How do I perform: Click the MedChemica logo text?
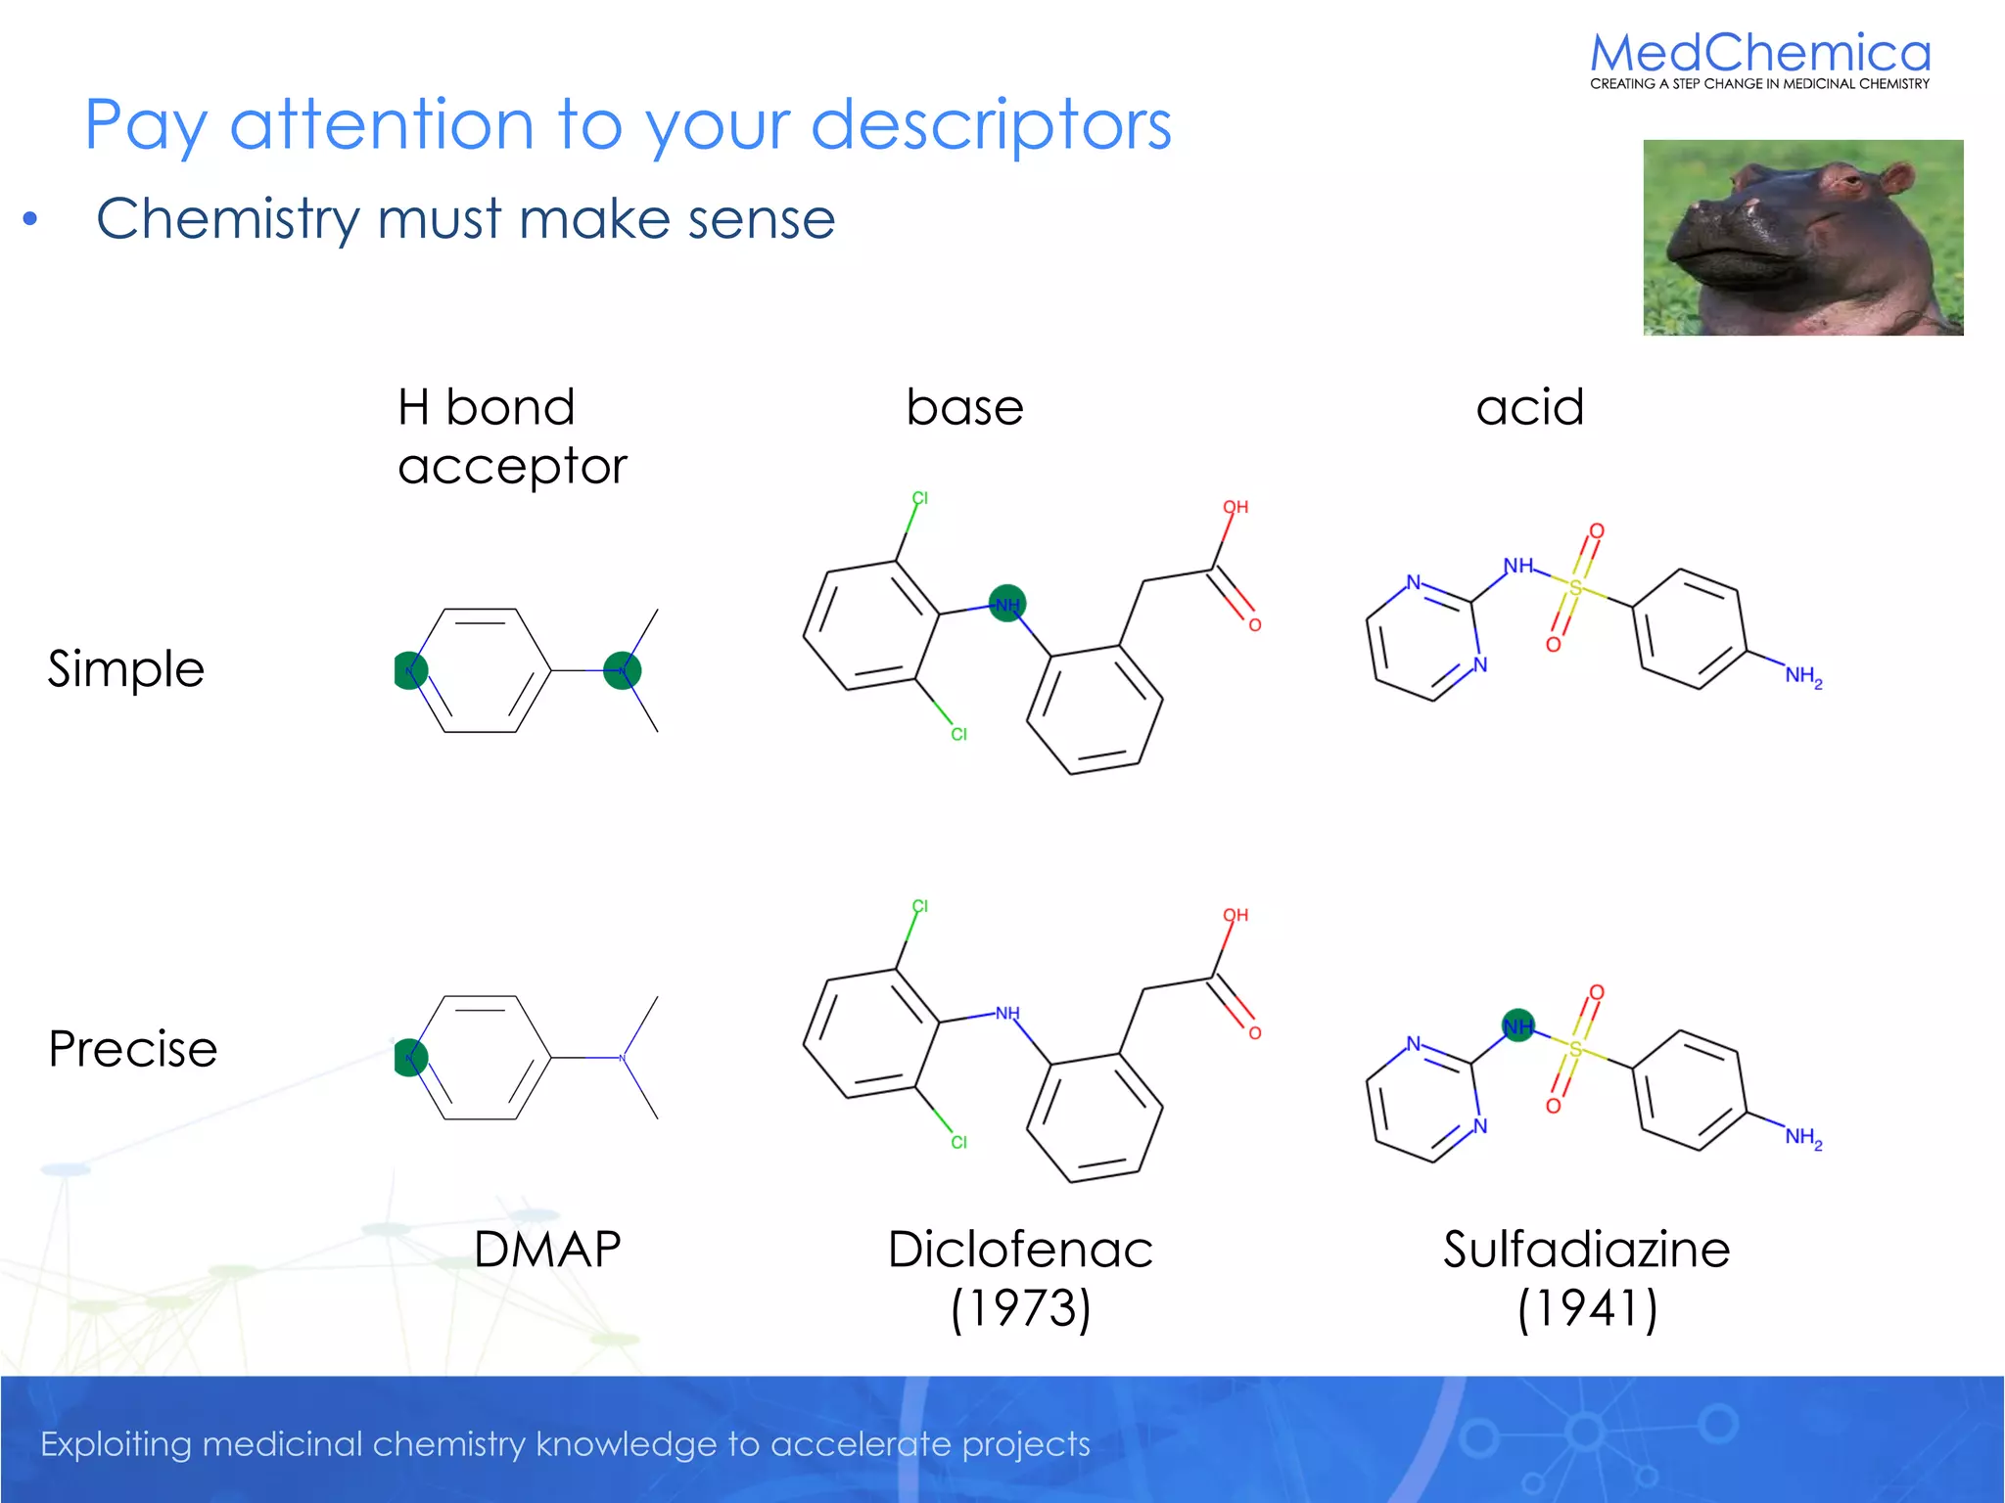pos(1759,54)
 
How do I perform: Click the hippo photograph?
pos(1802,238)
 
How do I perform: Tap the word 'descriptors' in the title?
pos(991,125)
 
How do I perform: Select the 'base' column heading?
pos(964,407)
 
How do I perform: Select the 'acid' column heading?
pos(1529,407)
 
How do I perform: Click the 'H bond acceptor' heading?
pos(511,436)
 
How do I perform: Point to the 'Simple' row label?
pos(126,669)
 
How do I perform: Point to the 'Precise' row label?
pos(132,1049)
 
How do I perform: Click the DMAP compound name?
pos(547,1250)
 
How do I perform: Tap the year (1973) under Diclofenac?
pos(1020,1308)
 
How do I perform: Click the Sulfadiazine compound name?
pos(1586,1250)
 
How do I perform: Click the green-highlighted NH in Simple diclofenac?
pos(1007,604)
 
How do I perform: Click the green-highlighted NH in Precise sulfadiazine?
pos(1518,1025)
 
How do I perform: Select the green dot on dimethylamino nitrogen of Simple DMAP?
pos(623,670)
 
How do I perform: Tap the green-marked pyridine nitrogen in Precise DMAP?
pos(410,1057)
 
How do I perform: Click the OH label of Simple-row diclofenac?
pos(1236,507)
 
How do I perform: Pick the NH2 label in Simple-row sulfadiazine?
pos(1802,676)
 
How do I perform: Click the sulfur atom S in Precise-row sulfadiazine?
pos(1575,1049)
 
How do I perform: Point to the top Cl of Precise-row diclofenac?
pos(919,906)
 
